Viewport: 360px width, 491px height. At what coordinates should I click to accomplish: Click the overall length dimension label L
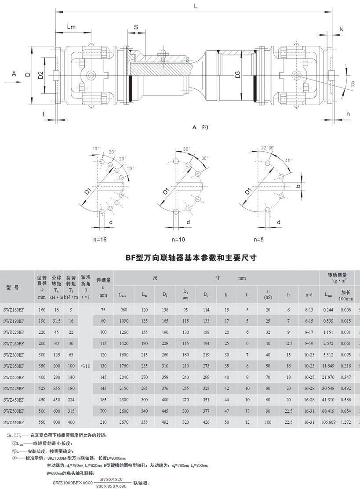click(x=195, y=6)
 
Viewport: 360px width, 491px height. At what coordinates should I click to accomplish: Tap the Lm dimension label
click(x=71, y=27)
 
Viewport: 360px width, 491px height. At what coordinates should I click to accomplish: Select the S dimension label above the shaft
click(x=136, y=27)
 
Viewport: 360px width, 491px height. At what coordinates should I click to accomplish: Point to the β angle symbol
click(x=352, y=83)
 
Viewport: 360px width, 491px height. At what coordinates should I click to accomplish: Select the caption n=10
click(x=180, y=240)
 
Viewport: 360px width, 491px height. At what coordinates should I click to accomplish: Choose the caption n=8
click(x=262, y=240)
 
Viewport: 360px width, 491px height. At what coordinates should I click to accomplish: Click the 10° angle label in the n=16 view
click(x=96, y=149)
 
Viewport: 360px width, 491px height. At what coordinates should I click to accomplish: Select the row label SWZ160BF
click(x=13, y=310)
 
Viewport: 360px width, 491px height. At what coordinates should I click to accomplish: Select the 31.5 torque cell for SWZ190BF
click(x=57, y=321)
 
